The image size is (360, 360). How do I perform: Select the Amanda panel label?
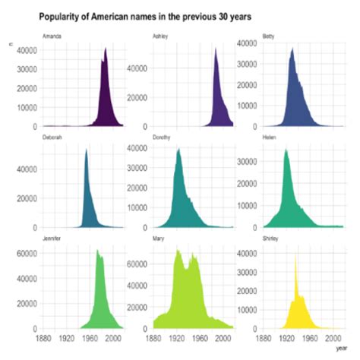52,36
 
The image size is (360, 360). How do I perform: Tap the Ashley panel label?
160,36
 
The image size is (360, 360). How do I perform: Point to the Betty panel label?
268,36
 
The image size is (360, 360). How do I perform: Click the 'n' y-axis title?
9,47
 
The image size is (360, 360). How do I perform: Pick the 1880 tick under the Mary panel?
153,338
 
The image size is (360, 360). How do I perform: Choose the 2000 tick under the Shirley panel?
333,338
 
